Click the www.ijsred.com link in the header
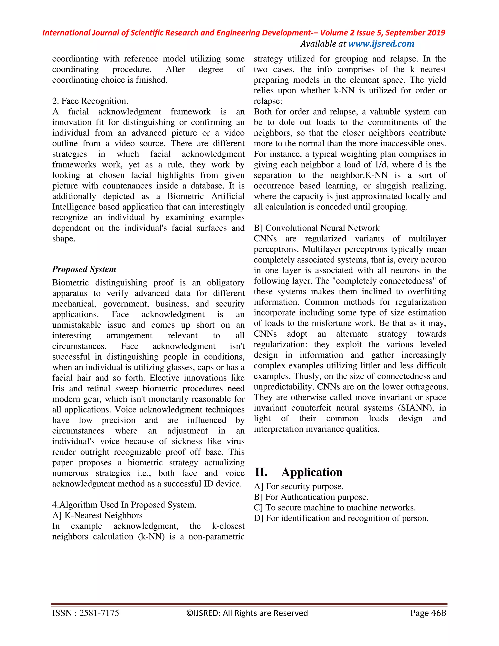pyautogui.click(x=381, y=44)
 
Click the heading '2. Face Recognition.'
pyautogui.click(x=90, y=101)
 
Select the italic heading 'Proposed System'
pyautogui.click(x=84, y=269)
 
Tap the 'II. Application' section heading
pyautogui.click(x=298, y=472)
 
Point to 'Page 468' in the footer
pyautogui.click(x=428, y=613)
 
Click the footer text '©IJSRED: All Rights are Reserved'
pyautogui.click(x=247, y=613)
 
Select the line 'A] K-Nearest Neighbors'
pyautogui.click(x=97, y=515)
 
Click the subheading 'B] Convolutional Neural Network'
pyautogui.click(x=316, y=228)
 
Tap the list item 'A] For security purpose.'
pyautogui.click(x=298, y=487)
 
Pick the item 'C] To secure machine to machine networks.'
pyautogui.click(x=335, y=508)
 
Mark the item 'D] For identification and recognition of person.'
pyautogui.click(x=341, y=518)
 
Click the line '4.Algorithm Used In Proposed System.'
pyautogui.click(x=124, y=505)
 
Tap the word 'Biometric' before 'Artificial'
pyautogui.click(x=185, y=196)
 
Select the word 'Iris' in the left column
pyautogui.click(x=58, y=388)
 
